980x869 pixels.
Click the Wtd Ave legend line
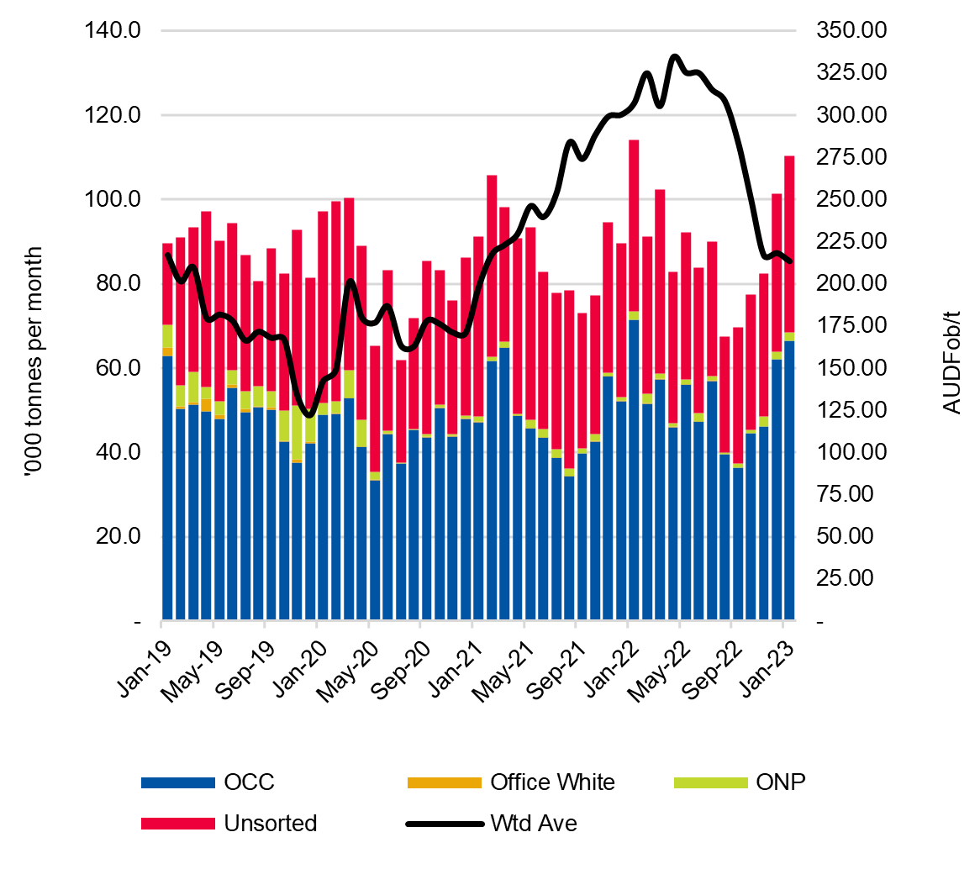pyautogui.click(x=445, y=824)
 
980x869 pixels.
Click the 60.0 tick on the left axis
pyautogui.click(x=118, y=368)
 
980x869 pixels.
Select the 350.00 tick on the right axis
pyautogui.click(x=851, y=31)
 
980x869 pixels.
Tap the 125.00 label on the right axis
pyautogui.click(x=851, y=410)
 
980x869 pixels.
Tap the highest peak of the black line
pyautogui.click(x=674, y=57)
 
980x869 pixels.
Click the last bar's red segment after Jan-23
pyautogui.click(x=789, y=244)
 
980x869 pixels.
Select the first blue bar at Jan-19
pyautogui.click(x=167, y=487)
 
